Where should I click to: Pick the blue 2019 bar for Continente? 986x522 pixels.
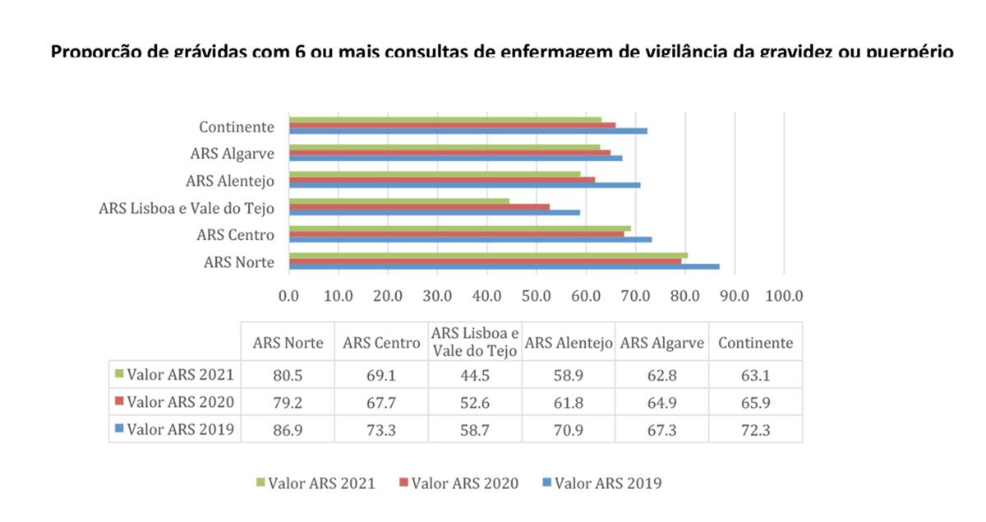(x=468, y=131)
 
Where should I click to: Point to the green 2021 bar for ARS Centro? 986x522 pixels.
(x=459, y=228)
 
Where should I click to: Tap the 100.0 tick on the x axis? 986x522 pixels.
(x=784, y=295)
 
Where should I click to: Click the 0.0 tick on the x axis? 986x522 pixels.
(x=289, y=295)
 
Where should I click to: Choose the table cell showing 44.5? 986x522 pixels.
(x=474, y=375)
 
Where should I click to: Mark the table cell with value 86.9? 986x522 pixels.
(x=288, y=430)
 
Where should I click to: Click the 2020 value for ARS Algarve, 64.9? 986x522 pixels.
(x=661, y=403)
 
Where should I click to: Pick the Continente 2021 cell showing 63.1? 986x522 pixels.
(x=755, y=375)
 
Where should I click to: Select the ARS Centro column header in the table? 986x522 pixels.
(x=380, y=343)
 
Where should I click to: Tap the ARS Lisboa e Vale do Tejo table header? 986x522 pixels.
(x=474, y=343)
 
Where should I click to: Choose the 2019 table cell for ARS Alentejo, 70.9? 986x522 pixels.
(x=568, y=430)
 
